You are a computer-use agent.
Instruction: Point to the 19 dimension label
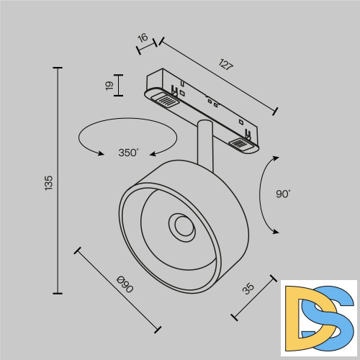click(109, 86)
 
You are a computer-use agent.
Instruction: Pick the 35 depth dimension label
click(248, 289)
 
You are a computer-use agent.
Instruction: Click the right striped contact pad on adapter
click(241, 145)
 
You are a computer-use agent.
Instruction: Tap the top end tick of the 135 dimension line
click(58, 68)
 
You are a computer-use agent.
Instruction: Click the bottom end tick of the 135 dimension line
click(58, 293)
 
